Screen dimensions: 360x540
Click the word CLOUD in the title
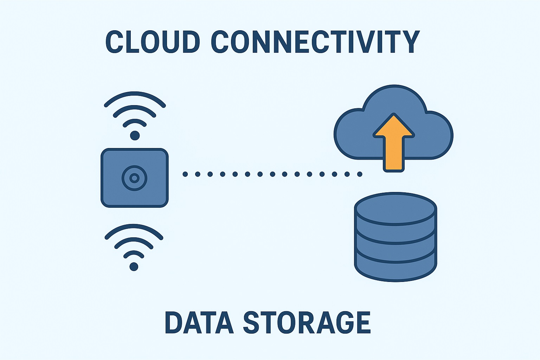coord(153,42)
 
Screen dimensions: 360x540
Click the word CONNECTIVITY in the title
coord(315,42)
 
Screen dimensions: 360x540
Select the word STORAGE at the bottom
coord(307,322)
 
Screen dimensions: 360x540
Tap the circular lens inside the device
coord(134,178)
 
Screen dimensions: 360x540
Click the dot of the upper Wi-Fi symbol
coord(135,135)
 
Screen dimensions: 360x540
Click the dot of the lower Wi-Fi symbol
coord(134,266)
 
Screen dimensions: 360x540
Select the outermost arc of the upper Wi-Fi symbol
coord(135,94)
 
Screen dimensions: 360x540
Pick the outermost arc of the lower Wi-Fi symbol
coord(134,227)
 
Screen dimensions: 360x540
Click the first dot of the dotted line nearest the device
coord(185,174)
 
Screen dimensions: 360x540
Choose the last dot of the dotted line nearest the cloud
coord(360,174)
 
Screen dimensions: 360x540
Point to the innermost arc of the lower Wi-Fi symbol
coord(134,253)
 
